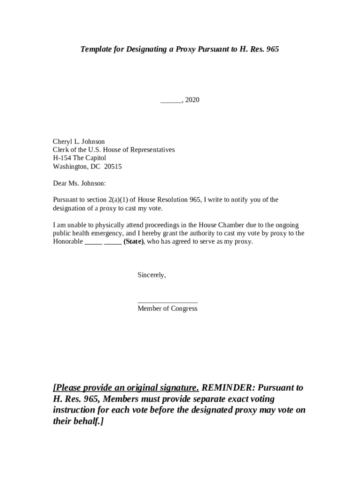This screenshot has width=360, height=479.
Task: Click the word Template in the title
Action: click(96, 49)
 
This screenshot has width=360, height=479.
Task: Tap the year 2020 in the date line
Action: click(192, 100)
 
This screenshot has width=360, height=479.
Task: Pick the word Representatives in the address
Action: click(152, 150)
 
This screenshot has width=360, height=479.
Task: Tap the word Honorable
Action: click(68, 242)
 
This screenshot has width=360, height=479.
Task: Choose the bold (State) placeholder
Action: click(134, 242)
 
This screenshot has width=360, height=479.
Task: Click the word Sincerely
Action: click(151, 275)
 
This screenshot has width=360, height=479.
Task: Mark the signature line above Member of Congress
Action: click(167, 302)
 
